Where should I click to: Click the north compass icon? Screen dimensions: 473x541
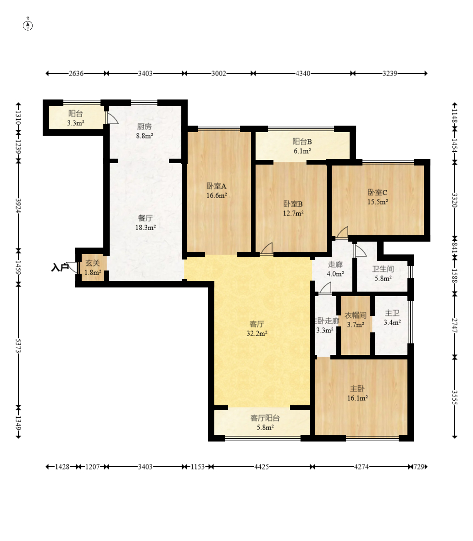(28, 25)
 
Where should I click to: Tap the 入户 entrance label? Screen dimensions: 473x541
(59, 267)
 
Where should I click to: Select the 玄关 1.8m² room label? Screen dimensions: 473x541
(93, 268)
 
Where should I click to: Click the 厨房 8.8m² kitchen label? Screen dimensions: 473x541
(145, 131)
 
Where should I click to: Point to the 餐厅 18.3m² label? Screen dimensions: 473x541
(145, 222)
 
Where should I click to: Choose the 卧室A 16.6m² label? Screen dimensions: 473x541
(217, 190)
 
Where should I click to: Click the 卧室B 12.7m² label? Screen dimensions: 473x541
(293, 209)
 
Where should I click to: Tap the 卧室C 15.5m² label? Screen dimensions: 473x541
(378, 197)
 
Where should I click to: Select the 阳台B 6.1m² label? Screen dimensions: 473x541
(302, 146)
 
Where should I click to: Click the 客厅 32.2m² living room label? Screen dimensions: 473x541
(257, 328)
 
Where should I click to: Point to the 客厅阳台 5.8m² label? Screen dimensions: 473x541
(265, 423)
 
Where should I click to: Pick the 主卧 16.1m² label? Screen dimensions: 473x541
(357, 393)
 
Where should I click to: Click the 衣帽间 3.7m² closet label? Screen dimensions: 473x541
(356, 320)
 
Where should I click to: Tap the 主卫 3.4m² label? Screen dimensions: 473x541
(392, 317)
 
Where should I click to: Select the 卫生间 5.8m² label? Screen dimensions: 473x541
(383, 273)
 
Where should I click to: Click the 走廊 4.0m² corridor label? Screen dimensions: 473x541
(335, 269)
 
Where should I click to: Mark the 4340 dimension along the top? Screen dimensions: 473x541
(303, 73)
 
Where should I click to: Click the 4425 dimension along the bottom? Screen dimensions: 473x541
(262, 467)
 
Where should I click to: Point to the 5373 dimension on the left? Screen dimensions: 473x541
(18, 346)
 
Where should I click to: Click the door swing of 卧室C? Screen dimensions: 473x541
(343, 232)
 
